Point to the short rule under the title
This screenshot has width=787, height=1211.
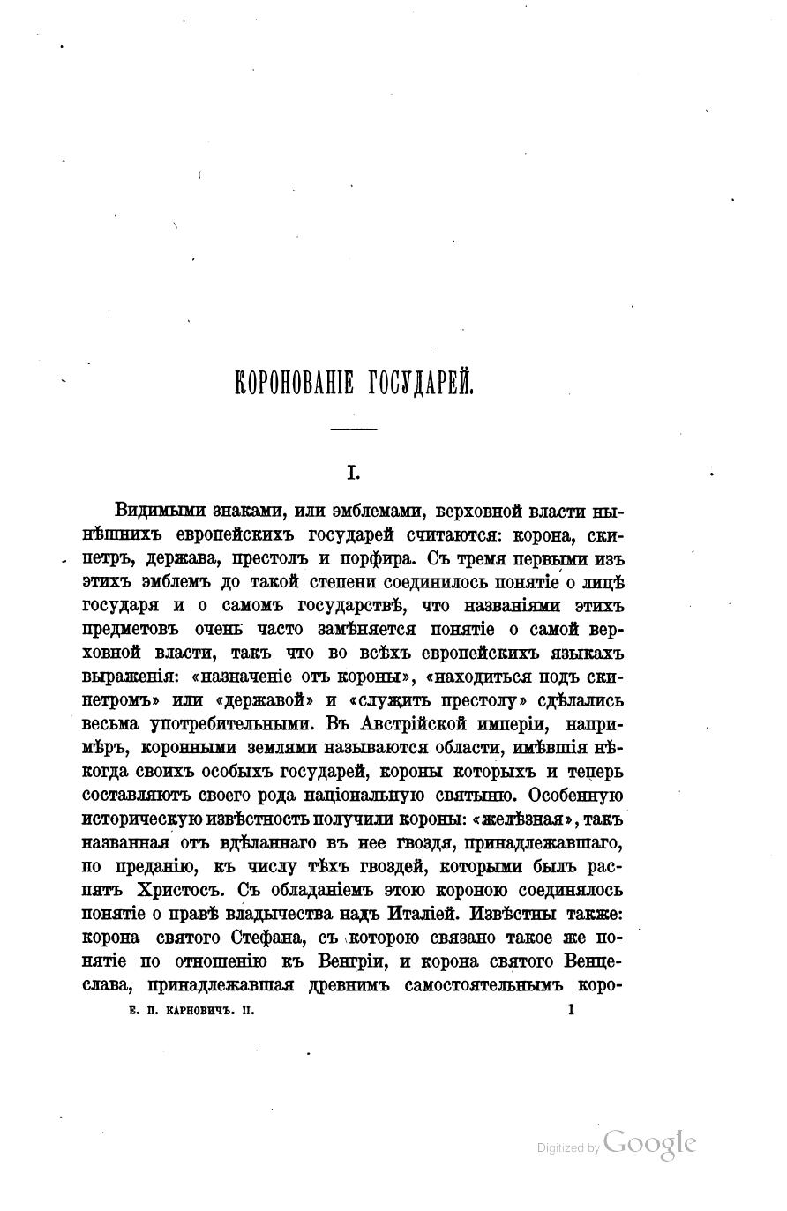352,429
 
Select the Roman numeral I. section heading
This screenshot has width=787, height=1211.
350,474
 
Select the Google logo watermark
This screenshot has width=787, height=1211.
650,1143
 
